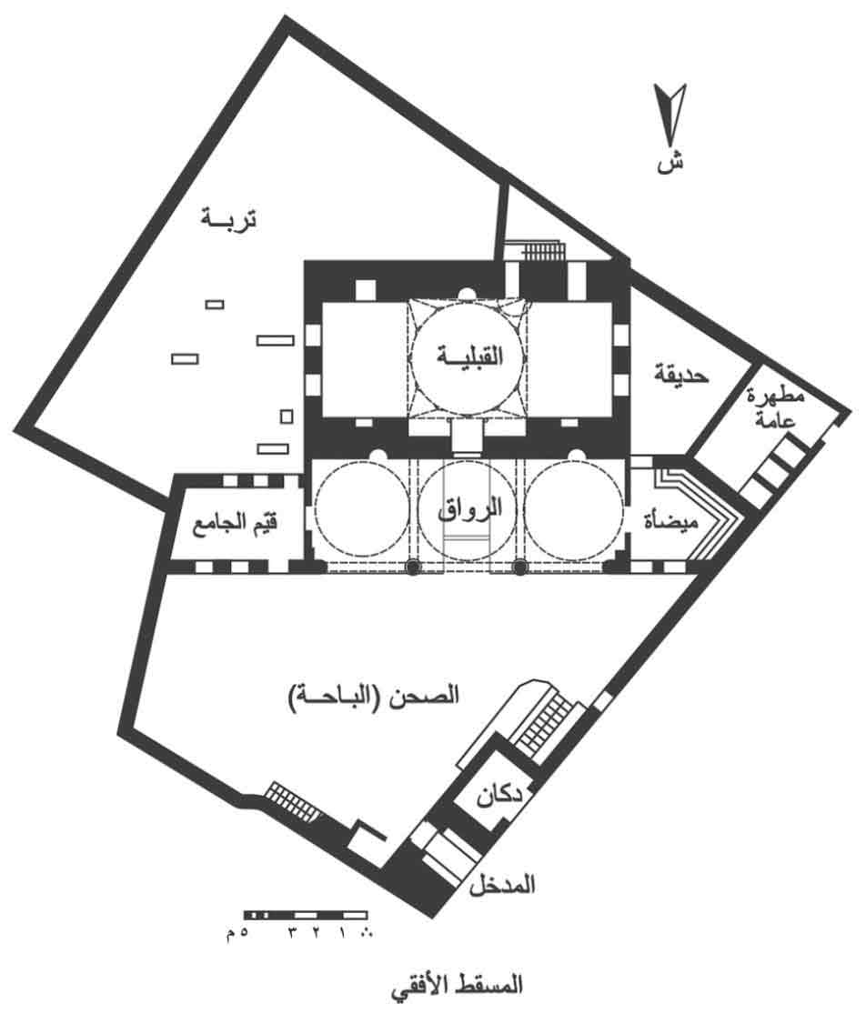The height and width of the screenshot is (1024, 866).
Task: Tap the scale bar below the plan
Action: [306, 915]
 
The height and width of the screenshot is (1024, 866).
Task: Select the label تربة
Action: [228, 218]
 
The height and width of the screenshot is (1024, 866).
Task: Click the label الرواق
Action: [469, 508]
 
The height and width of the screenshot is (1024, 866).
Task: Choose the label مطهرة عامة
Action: [776, 407]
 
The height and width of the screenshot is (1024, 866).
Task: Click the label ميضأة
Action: [670, 520]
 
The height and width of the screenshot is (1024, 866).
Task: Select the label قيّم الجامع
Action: [235, 525]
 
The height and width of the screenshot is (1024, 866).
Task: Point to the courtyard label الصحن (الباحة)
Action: [373, 696]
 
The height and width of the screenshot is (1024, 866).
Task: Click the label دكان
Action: [499, 796]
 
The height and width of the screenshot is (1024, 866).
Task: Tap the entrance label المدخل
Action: [501, 885]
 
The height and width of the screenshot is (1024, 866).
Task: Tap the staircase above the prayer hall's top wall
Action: [544, 252]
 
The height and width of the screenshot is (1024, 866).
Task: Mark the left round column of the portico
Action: [412, 567]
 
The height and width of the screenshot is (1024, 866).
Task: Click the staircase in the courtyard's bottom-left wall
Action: [293, 800]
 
